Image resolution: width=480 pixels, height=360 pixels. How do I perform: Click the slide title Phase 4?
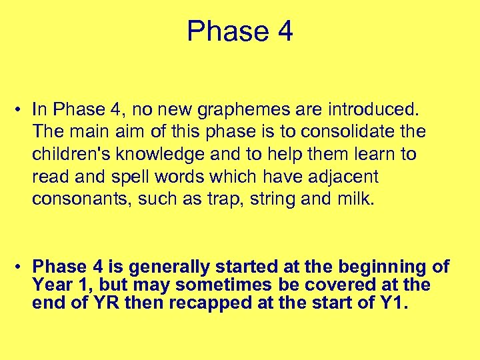[x=240, y=31]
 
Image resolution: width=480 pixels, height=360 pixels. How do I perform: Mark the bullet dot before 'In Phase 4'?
[x=22, y=109]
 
